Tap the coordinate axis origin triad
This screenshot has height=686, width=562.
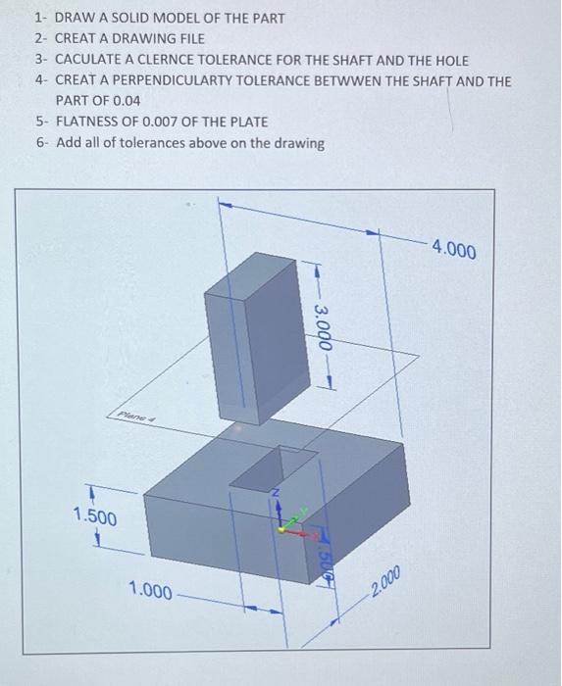pyautogui.click(x=282, y=527)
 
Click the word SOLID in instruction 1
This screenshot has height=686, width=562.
pyautogui.click(x=133, y=18)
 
